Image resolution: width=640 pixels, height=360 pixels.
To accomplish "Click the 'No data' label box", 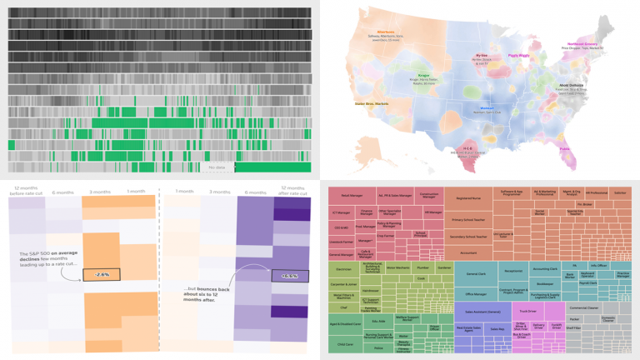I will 216,167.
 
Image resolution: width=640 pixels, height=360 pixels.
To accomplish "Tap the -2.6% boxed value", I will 101,274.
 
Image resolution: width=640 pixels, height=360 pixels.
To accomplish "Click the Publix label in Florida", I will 563,150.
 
